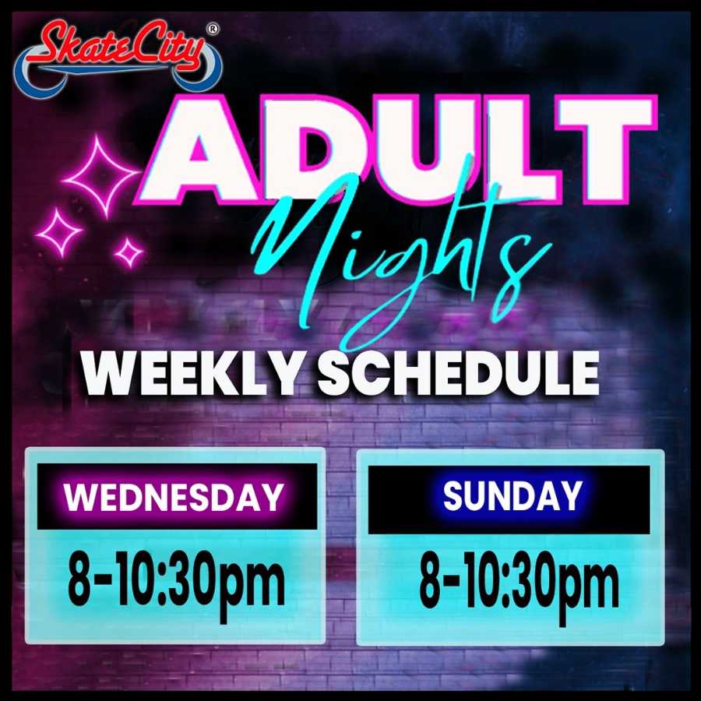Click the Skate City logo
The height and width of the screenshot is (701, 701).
coord(118,56)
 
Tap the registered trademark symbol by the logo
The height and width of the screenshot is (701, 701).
coord(213,29)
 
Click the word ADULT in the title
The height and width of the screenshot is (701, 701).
coord(396,149)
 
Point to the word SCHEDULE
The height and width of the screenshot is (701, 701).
coord(459,373)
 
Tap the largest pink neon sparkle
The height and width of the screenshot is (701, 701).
coord(101,176)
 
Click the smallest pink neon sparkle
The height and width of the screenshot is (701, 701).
coord(129,253)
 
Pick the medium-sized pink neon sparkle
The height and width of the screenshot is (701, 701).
coord(59,232)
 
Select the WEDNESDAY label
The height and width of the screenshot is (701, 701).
coord(174,497)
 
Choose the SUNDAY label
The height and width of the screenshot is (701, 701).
coord(513,496)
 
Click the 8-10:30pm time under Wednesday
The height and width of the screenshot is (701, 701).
coord(176,584)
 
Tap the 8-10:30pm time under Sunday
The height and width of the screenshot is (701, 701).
coord(519,586)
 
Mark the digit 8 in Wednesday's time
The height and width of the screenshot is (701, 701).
coord(80,579)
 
